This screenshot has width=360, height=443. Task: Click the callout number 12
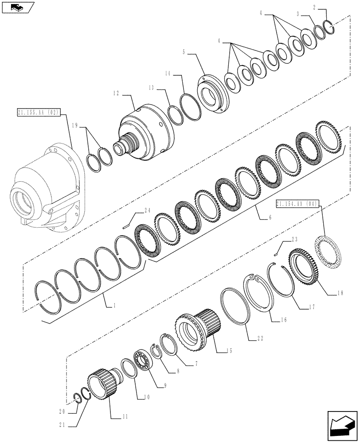click(x=116, y=93)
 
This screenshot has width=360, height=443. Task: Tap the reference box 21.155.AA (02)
click(x=39, y=113)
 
